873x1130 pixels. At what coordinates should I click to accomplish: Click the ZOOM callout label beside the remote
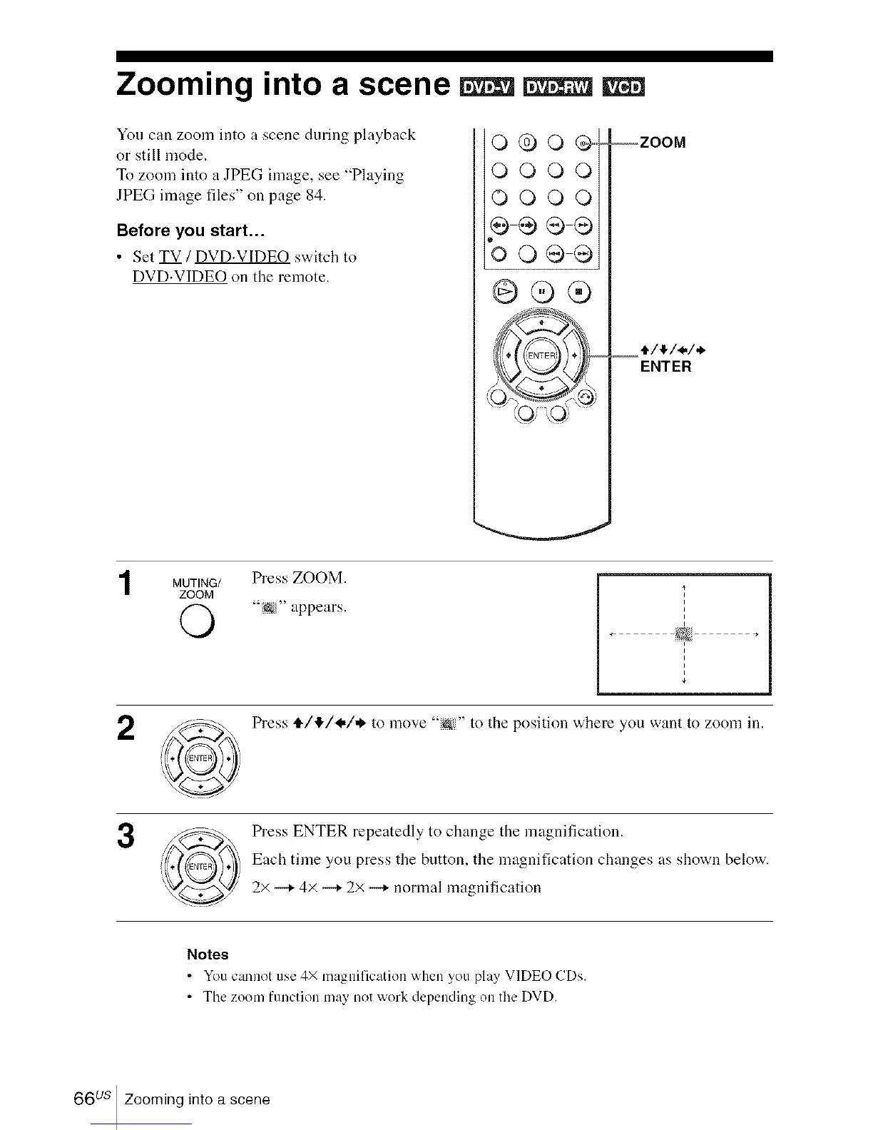point(663,142)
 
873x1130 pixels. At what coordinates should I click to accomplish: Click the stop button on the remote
point(580,292)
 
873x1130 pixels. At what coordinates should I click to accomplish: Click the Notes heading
point(207,955)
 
